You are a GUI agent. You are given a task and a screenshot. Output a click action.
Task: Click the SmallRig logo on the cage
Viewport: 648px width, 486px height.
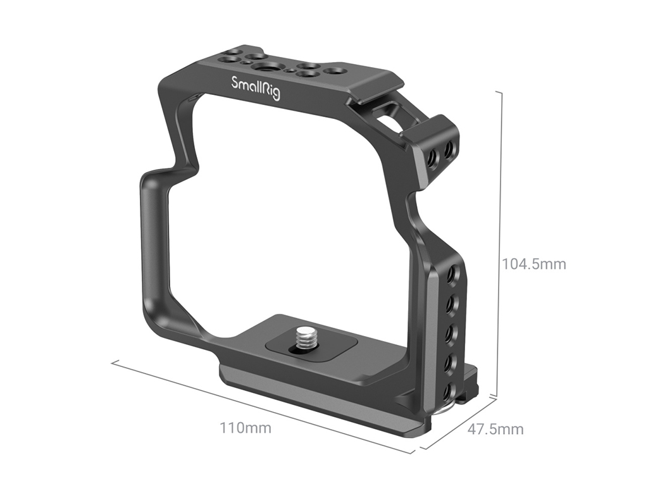tap(256, 88)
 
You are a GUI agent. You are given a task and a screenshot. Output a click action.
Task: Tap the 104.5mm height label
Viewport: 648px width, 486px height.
tap(533, 264)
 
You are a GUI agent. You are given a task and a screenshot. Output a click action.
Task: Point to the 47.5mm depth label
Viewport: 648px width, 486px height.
tap(495, 429)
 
